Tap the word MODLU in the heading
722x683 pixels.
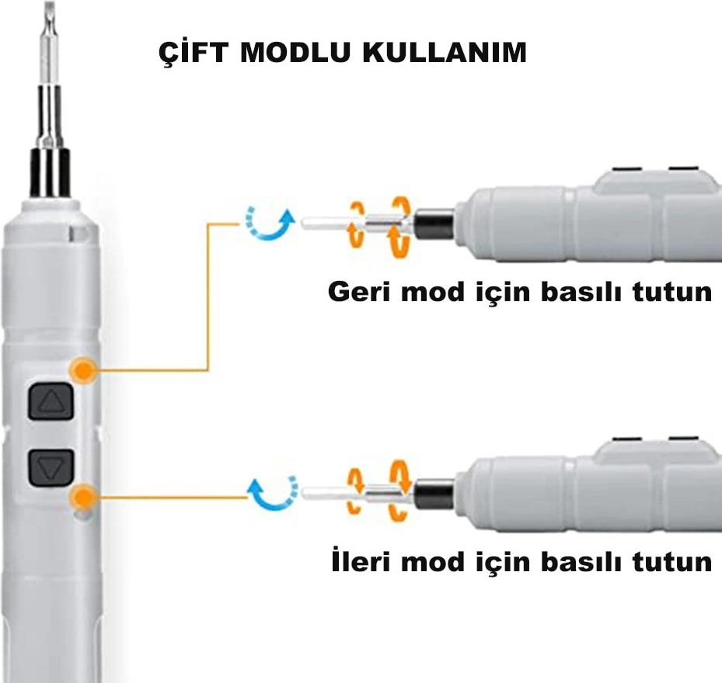coord(298,53)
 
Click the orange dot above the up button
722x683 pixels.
coord(83,369)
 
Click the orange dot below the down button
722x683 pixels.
coord(83,495)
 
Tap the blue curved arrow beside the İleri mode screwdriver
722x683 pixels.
coord(272,494)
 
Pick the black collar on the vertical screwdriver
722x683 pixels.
coord(50,172)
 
